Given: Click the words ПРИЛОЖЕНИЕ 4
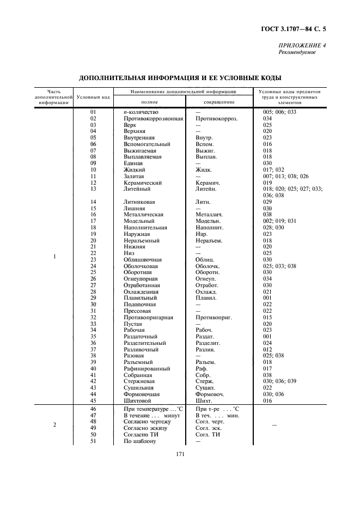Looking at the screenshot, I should [x=302, y=46].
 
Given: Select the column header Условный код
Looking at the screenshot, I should [x=94, y=97].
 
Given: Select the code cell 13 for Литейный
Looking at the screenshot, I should [x=93, y=189].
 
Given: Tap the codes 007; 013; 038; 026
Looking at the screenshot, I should [x=285, y=176].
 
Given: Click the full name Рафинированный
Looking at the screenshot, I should [x=144, y=368].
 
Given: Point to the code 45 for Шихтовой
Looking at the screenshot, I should [x=93, y=400].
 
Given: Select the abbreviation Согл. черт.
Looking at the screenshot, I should [x=210, y=422].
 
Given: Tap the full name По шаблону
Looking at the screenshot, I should [x=139, y=441].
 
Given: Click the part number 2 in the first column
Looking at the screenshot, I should [x=54, y=425].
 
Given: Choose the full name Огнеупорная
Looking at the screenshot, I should [x=141, y=278].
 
